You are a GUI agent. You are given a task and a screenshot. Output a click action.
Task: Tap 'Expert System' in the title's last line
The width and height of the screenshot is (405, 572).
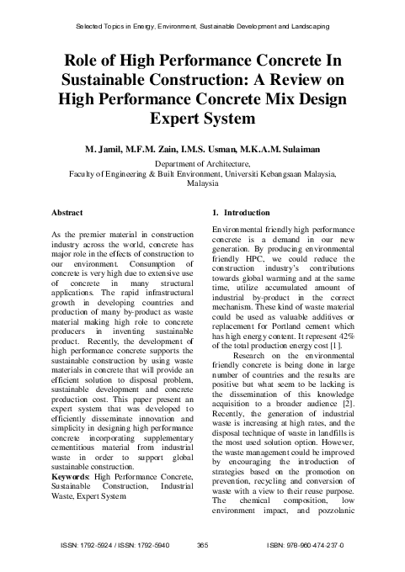202,119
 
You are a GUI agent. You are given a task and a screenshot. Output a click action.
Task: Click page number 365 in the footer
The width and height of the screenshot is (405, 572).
202,545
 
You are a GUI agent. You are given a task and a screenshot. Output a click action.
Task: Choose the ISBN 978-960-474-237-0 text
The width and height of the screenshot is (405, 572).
316,545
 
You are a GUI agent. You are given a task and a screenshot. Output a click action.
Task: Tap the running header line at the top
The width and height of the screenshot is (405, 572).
202,28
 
